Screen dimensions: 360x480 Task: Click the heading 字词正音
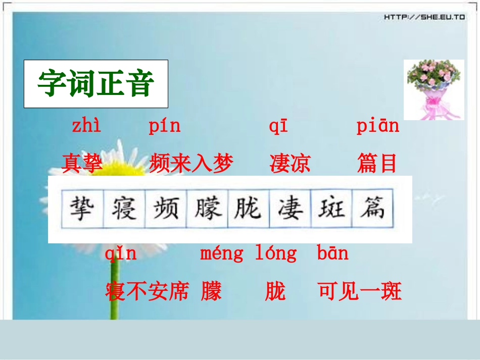(95, 84)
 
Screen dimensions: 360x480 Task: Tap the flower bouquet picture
(433, 89)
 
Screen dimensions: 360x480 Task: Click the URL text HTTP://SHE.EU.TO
(424, 17)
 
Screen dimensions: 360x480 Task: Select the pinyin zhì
(86, 126)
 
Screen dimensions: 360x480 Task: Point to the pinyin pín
(164, 126)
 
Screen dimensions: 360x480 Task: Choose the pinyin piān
(377, 126)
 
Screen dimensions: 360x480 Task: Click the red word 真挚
(82, 164)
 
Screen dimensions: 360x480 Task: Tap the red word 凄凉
(290, 164)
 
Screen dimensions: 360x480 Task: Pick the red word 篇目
(377, 164)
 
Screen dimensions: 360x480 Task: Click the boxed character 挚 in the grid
(82, 209)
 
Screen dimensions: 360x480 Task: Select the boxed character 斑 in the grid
(331, 209)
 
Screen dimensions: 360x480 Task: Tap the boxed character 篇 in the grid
(373, 209)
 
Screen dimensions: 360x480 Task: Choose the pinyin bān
(332, 253)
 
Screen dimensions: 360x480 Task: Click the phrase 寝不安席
(147, 291)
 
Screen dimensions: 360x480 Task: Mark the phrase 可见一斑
(360, 291)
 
